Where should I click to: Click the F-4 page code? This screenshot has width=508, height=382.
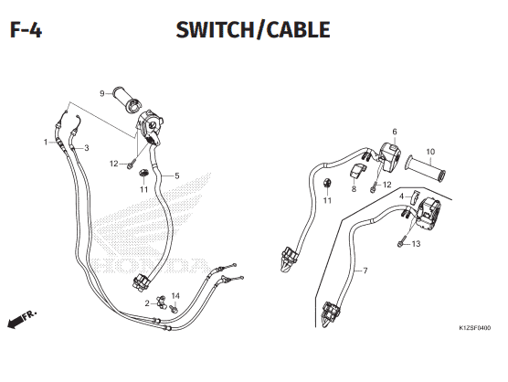pos(26,30)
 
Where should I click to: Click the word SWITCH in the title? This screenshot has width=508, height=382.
pos(215,30)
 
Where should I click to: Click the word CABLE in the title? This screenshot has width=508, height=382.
pos(299,30)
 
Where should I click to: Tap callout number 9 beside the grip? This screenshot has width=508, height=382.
pos(102,93)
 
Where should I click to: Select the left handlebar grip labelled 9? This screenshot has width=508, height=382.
pos(126,99)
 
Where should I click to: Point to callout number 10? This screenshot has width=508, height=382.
pos(430,152)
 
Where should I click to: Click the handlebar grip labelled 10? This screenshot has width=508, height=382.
pos(426,169)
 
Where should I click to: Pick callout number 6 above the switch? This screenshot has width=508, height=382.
pos(395,132)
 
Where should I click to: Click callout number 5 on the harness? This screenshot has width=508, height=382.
pos(177,176)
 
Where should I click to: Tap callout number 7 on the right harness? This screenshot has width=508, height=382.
pos(365,271)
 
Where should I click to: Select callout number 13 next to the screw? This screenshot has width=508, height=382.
pos(416,244)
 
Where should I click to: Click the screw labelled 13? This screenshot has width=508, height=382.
pos(401,244)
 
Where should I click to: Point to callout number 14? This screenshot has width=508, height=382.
pos(175,296)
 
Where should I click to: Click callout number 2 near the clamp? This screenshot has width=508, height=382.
pos(147,303)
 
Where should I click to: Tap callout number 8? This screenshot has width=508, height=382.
pos(354,189)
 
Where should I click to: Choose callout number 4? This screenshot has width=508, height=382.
pos(401,196)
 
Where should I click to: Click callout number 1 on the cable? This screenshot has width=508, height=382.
pos(46,142)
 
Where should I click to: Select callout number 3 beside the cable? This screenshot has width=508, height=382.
pos(87,148)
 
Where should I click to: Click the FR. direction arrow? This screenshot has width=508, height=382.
pos(22,320)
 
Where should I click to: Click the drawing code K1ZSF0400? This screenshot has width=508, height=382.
pos(474,328)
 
